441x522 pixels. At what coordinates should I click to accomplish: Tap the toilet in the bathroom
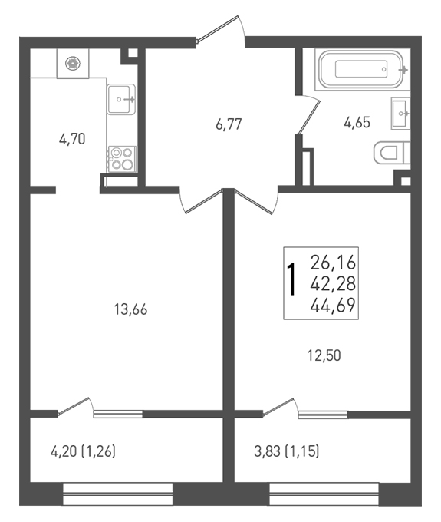click(x=392, y=153)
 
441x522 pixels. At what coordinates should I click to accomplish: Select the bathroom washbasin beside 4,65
click(x=401, y=113)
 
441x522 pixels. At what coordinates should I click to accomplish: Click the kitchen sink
click(x=121, y=99)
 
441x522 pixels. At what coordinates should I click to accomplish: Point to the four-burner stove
click(x=122, y=159)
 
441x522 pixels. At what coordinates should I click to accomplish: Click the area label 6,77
click(x=229, y=124)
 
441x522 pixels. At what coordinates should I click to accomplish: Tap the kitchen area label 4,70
click(x=72, y=139)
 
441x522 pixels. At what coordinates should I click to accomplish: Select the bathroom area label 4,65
click(x=357, y=123)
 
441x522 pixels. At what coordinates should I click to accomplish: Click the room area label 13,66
click(x=130, y=309)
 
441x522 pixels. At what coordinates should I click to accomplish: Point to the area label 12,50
click(x=324, y=355)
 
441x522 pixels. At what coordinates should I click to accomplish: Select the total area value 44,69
click(x=333, y=306)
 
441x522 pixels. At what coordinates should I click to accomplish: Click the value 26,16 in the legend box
click(x=334, y=263)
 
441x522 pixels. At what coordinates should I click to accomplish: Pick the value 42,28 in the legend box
click(x=334, y=284)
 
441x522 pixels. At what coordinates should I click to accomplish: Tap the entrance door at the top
click(x=221, y=29)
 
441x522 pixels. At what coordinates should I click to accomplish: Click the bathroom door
click(x=308, y=115)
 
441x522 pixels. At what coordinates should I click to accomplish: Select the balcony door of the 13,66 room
click(x=75, y=407)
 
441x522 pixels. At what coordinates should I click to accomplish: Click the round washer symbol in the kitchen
click(x=73, y=63)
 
